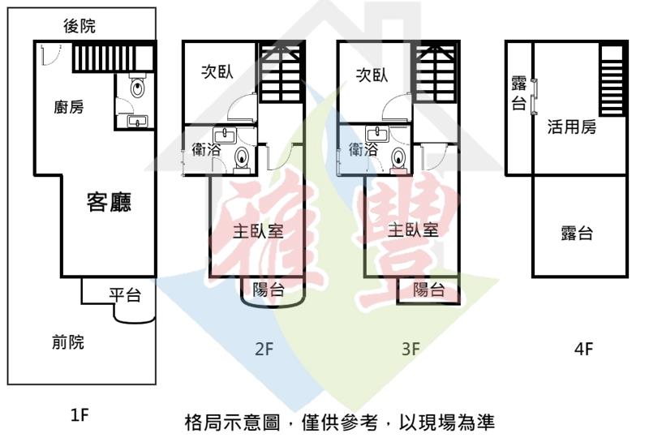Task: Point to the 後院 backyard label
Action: [79, 27]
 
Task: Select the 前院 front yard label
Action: [67, 343]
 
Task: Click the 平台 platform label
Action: [125, 295]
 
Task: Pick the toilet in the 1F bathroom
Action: [138, 86]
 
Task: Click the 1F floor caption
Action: [80, 416]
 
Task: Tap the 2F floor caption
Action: [264, 350]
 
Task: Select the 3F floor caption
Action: [411, 350]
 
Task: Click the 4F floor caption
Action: [583, 350]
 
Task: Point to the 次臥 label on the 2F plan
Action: [217, 72]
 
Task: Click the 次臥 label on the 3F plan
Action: [372, 75]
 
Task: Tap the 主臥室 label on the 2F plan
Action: [258, 230]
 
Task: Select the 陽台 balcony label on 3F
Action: [428, 290]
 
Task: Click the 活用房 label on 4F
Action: [572, 127]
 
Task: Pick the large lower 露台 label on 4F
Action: [577, 234]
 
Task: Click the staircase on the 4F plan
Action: [612, 81]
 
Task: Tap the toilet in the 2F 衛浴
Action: [242, 157]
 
